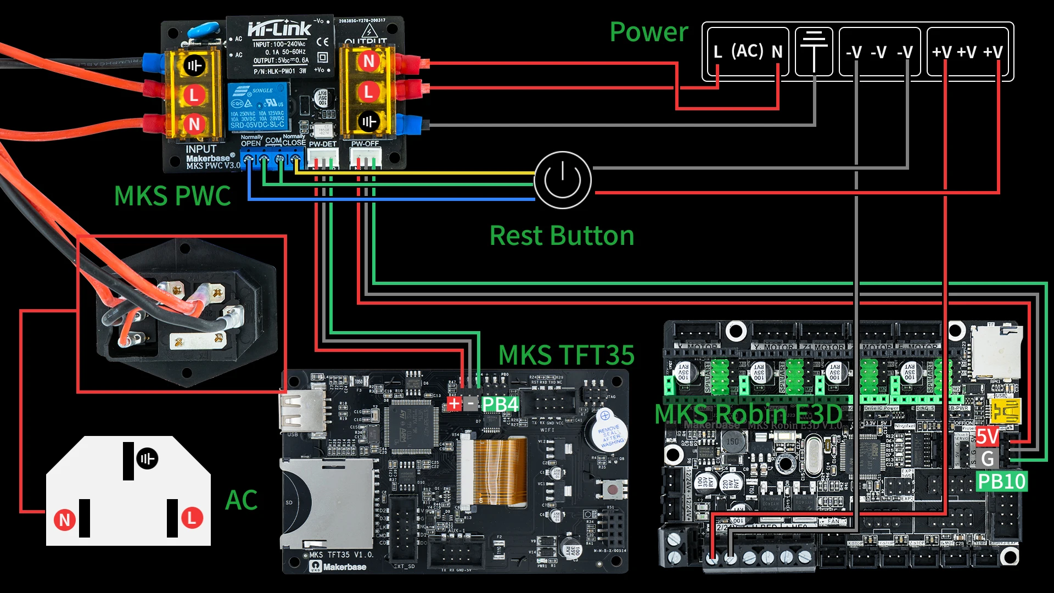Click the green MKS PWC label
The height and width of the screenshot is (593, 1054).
pyautogui.click(x=172, y=196)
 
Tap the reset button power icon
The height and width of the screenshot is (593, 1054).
pyautogui.click(x=562, y=180)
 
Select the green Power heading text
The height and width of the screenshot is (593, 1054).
pyautogui.click(x=648, y=32)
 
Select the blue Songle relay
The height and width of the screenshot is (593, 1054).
pyautogui.click(x=258, y=107)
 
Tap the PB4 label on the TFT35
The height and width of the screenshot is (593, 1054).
pyautogui.click(x=500, y=405)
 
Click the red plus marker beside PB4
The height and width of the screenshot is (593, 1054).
pyautogui.click(x=454, y=405)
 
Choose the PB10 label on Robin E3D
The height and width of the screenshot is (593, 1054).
pyautogui.click(x=1001, y=482)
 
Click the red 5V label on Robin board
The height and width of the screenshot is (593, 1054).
pyautogui.click(x=986, y=437)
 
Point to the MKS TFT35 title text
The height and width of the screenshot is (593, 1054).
pyautogui.click(x=566, y=355)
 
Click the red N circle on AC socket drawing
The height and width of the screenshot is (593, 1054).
pyautogui.click(x=65, y=519)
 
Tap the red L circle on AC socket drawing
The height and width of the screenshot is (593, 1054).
pyautogui.click(x=192, y=517)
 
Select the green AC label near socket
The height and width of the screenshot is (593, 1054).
pyautogui.click(x=241, y=500)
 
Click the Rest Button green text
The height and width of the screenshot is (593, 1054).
pyautogui.click(x=562, y=236)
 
